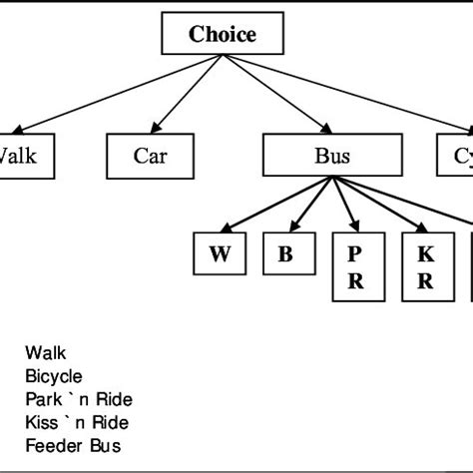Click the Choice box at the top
223,35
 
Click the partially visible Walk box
21,156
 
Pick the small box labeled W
220,253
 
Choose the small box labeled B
285,253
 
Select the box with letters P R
355,265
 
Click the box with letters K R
425,265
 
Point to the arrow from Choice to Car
186,95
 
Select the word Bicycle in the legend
54,376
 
